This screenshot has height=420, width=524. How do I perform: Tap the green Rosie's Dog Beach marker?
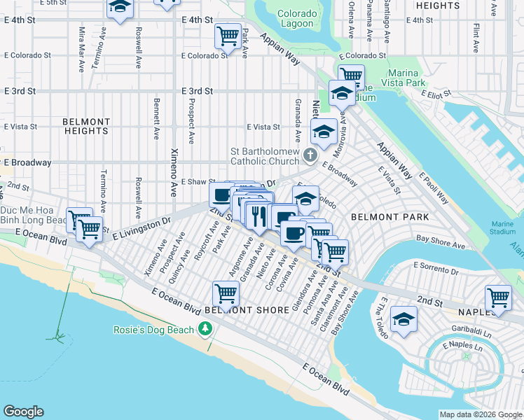(x=205, y=328)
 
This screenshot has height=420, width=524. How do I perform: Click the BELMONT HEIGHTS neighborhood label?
(x=85, y=126)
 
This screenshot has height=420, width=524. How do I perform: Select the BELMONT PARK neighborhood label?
(x=389, y=217)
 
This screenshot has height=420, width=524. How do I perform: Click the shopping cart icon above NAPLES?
(x=498, y=297)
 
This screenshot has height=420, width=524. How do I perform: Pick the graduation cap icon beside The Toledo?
(x=404, y=318)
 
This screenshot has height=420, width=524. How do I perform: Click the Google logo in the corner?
(x=23, y=412)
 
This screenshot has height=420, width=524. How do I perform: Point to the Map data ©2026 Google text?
(x=480, y=414)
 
